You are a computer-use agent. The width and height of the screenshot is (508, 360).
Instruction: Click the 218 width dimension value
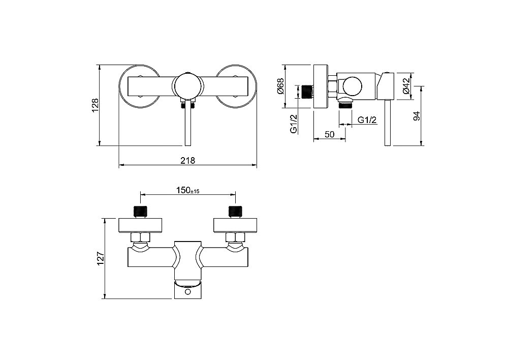(x=188, y=160)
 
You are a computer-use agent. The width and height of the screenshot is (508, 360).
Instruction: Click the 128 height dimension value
(x=96, y=105)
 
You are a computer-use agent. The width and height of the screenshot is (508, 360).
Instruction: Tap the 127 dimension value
(x=101, y=258)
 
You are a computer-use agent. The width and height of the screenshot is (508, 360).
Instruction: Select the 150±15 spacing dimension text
(x=187, y=190)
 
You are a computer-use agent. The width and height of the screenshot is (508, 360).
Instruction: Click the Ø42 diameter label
(x=406, y=86)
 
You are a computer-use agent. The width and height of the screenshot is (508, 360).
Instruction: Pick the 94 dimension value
(x=417, y=116)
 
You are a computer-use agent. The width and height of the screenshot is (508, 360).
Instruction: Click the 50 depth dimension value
(x=329, y=134)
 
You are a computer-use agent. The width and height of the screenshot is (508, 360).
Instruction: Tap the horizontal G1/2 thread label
(x=367, y=120)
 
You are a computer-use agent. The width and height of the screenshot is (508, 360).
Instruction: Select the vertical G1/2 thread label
(x=294, y=124)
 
